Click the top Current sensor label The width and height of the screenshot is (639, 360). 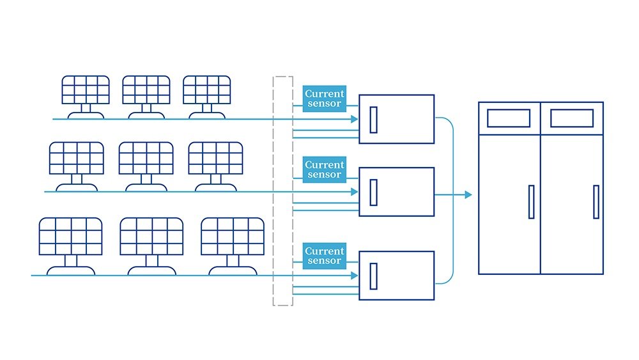[325, 98]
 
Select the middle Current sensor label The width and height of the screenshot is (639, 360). [325, 169]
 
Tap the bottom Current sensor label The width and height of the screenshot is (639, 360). [325, 256]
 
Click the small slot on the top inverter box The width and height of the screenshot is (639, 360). [373, 120]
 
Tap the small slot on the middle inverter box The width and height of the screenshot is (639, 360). [373, 192]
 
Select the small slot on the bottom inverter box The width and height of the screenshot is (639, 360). [373, 276]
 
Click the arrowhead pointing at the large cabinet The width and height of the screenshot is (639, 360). [468, 195]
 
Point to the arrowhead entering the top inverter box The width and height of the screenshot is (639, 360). [355, 119]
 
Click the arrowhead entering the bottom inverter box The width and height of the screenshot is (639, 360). [355, 276]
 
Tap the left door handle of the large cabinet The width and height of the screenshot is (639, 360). [532, 202]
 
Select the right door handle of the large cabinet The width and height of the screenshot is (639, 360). [596, 202]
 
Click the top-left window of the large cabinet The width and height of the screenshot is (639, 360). [509, 118]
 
